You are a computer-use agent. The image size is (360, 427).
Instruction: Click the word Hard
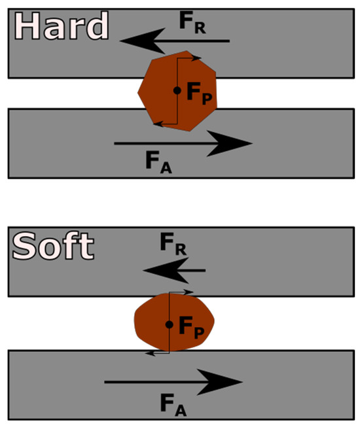[x=62, y=26]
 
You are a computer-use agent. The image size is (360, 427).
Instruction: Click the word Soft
[x=54, y=246]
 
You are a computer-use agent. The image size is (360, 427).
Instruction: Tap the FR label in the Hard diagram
[x=192, y=22]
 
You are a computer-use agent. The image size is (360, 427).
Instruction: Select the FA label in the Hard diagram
[x=158, y=162]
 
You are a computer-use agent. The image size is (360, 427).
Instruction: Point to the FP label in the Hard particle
[x=199, y=94]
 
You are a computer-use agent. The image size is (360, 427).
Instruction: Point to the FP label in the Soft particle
[x=191, y=328]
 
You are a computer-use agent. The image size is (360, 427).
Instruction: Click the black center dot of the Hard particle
[x=177, y=90]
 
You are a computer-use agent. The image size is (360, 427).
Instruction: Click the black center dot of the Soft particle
[x=170, y=324]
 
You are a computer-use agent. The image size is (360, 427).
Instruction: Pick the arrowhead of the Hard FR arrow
[x=142, y=41]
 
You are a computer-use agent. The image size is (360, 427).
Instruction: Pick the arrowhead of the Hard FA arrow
[x=230, y=143]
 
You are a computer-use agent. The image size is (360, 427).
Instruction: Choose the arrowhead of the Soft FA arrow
[x=220, y=382]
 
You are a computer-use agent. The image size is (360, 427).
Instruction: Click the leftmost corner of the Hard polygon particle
[x=137, y=93]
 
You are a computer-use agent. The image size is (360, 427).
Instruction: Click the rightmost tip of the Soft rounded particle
[x=215, y=321]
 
